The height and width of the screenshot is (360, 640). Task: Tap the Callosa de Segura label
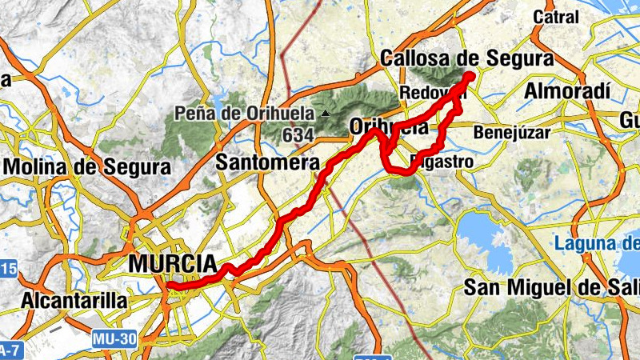coord(467,58)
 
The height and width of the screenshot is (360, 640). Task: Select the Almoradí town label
coord(567,90)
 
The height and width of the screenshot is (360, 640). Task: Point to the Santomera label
coord(268,162)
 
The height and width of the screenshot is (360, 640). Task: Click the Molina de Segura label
coord(88,167)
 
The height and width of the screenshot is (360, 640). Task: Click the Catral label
coord(555,17)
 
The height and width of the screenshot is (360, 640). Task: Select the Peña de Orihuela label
coord(249,114)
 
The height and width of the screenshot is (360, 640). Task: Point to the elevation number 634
coord(298,135)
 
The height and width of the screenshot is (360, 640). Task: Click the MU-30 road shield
coord(113,339)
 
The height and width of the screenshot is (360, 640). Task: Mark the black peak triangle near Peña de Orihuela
coord(325,114)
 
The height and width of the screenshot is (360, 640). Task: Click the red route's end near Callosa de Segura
coord(469,77)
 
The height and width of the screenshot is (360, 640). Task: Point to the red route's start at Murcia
coord(169,285)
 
